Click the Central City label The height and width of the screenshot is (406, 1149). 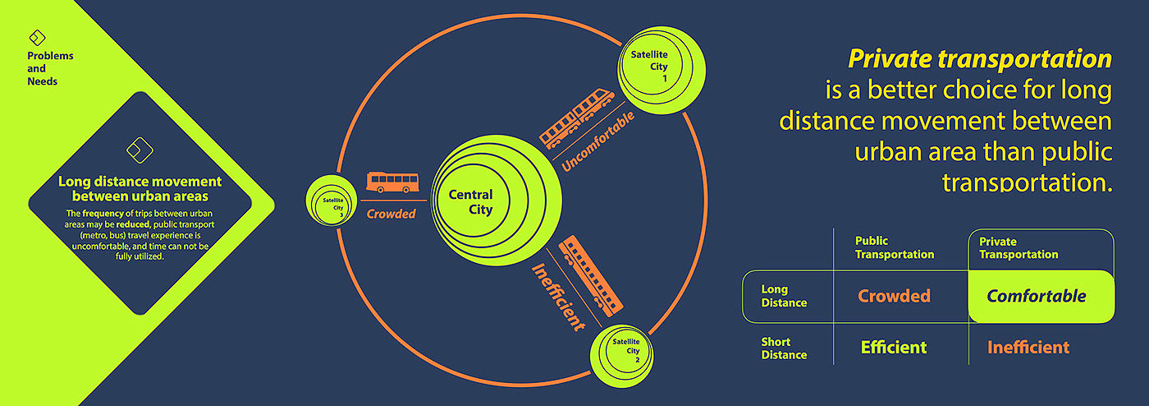coord(470,202)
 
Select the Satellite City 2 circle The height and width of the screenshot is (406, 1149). coord(625,352)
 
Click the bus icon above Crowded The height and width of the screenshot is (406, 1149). coord(392,182)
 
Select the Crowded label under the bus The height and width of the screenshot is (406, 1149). coord(391,214)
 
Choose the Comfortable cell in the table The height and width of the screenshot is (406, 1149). coord(1037,296)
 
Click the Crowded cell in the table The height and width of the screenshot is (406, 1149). coord(894,296)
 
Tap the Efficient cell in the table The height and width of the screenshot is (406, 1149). coord(893,348)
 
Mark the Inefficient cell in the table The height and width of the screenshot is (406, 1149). coord(1028,348)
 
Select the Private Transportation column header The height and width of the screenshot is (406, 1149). coord(1019,247)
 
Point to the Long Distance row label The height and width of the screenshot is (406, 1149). coord(784,296)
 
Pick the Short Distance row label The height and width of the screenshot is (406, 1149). coord(784,348)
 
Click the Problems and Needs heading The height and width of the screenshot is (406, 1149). coord(50,69)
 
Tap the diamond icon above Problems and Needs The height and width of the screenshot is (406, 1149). coord(37,38)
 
